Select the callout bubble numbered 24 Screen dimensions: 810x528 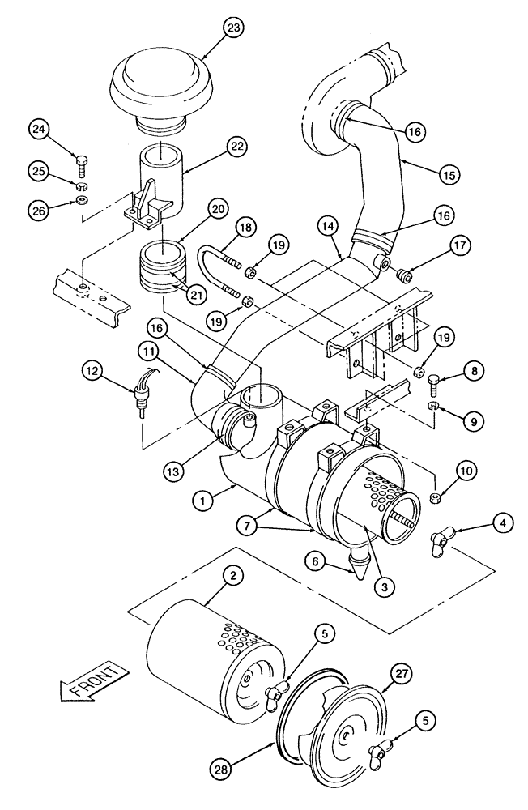[40, 129]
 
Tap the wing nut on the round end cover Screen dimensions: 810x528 [378, 757]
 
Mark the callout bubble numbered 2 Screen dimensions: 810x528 [232, 577]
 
